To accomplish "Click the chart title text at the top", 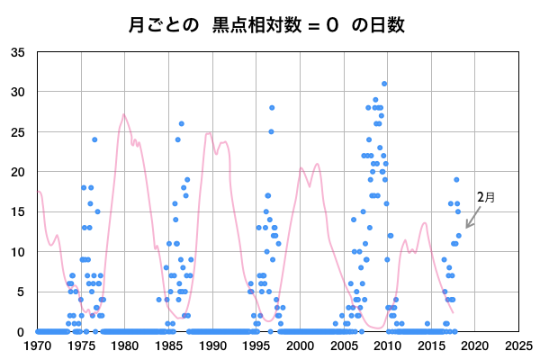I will pos(270,24).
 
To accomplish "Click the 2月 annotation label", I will pos(485,196).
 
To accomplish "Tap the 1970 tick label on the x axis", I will pos(38,345).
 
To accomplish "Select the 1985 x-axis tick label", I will pos(168,345).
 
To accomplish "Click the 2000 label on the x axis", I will pos(300,345).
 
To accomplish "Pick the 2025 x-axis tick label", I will pos(518,345).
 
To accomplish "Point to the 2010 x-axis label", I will pos(387,345).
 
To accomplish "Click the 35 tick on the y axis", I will pos(18,52).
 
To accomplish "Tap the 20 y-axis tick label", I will pos(18,172).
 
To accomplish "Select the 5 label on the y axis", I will pos(22,292).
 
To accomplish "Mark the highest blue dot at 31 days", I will pos(384,84).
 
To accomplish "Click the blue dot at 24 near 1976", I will pos(94,139).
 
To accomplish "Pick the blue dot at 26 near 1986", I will pos(182,123).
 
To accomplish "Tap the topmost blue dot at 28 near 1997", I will pos(272,108).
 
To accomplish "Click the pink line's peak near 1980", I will pos(123,114).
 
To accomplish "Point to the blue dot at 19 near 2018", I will pos(456,180).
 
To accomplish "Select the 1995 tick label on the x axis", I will pos(256,345).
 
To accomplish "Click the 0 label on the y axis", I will pos(22,331).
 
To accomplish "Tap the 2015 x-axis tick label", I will pos(431,345).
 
